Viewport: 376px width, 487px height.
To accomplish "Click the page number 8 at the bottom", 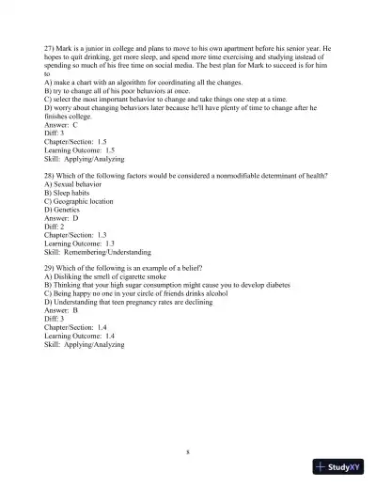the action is pyautogui.click(x=188, y=451).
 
